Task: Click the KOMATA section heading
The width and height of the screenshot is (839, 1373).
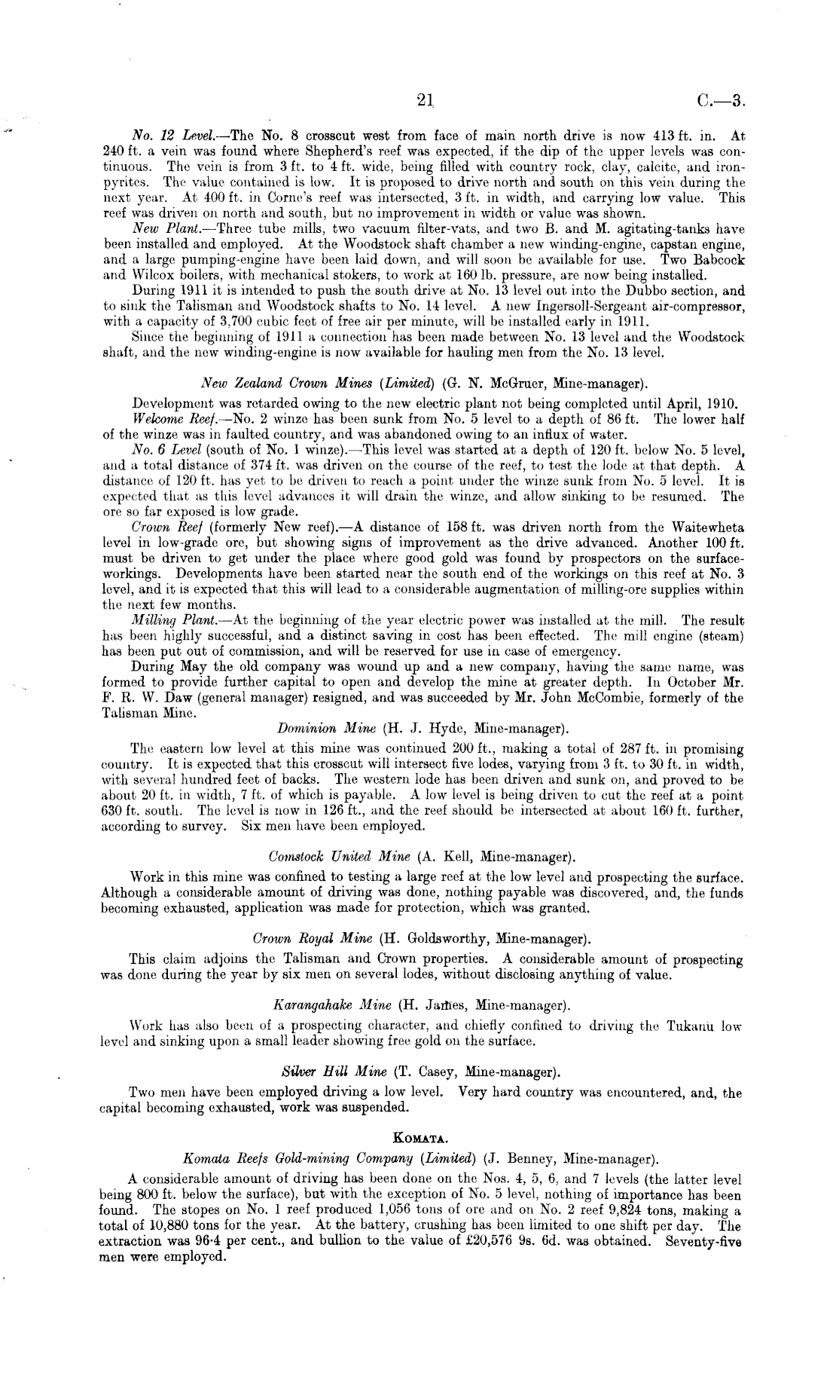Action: (x=421, y=1137)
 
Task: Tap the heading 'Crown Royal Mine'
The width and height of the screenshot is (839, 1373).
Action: (x=313, y=939)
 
